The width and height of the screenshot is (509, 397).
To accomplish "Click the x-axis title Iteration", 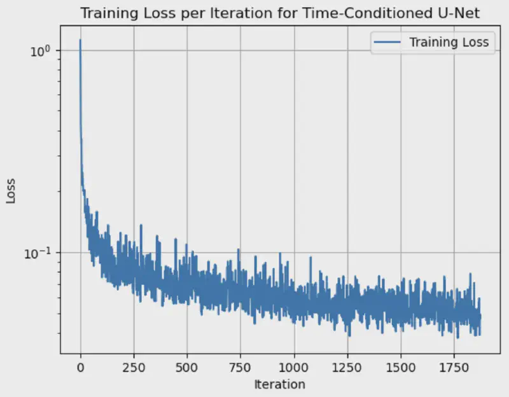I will pos(279,384).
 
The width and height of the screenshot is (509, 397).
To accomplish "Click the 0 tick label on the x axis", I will pos(80,368).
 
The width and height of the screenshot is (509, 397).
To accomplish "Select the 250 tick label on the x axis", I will pos(134,368).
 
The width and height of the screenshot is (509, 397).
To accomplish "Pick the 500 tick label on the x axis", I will pos(187,368).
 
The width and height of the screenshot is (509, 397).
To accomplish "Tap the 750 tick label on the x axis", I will pos(241,368).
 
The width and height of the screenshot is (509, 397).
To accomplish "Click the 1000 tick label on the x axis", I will pos(294,368).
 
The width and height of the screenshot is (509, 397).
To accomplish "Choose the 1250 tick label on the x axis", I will pos(347,368).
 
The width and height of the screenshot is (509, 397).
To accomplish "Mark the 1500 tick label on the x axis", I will pos(401,368).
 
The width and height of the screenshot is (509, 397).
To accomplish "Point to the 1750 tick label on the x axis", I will pos(454,368).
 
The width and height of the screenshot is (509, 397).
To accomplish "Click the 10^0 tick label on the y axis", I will pos(41,50).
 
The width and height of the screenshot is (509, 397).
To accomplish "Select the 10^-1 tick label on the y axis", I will pos(39,252).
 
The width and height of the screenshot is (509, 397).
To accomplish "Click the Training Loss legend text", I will pos(449,43).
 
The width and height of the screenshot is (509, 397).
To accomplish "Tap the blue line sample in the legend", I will pos(389,43).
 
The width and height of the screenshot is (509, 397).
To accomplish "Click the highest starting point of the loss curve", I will pos(80,40).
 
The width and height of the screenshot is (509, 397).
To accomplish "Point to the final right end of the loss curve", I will pos(480,316).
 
